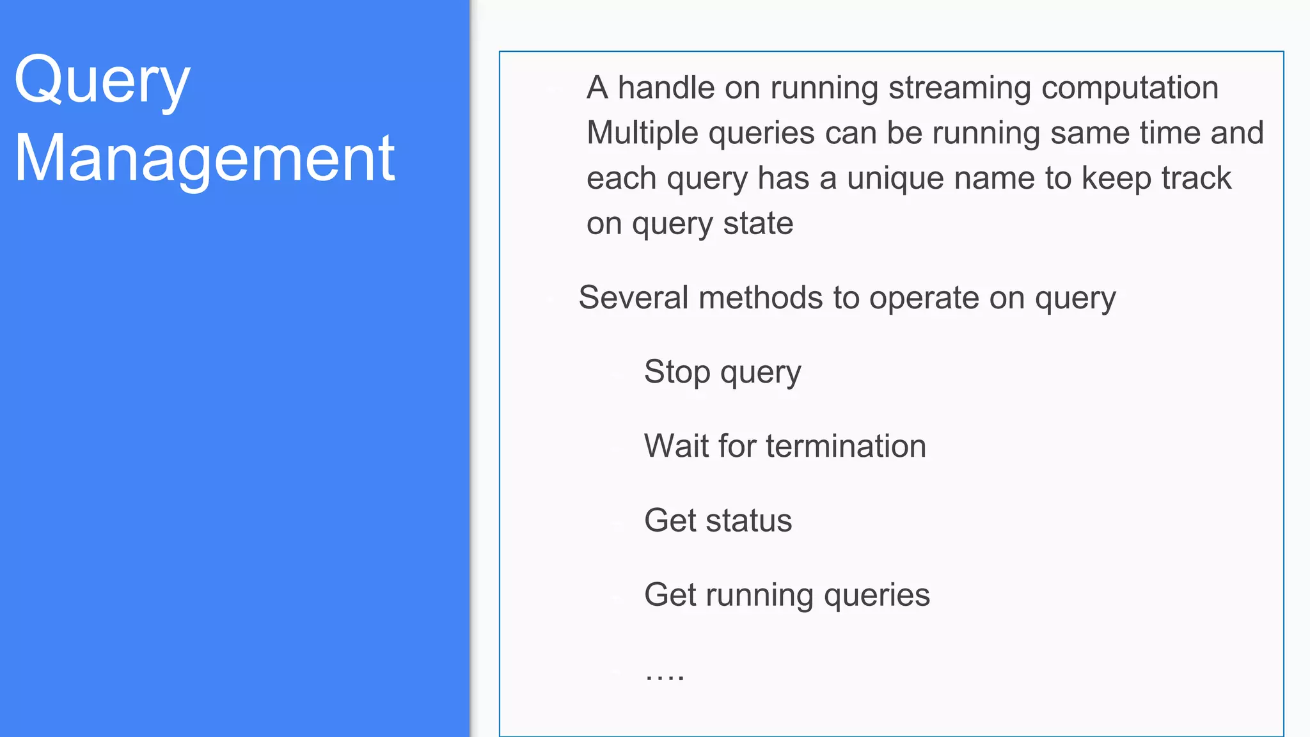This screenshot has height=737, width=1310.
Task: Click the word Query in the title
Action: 102,82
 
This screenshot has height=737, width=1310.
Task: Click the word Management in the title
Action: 205,158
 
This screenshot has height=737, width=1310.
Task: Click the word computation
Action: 1130,88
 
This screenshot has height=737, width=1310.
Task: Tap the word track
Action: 1196,178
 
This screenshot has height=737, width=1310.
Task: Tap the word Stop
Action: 677,372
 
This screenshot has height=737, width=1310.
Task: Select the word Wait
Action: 676,446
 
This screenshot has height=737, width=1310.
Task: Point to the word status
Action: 748,520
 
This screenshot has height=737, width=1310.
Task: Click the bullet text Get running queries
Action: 787,595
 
